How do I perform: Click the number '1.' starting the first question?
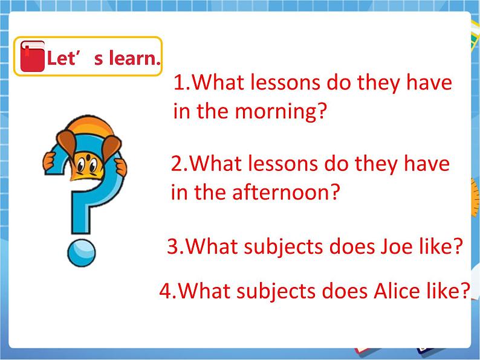(181, 83)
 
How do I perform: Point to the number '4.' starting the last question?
(167, 292)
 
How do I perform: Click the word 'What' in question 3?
(209, 246)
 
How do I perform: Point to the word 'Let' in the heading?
(60, 59)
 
